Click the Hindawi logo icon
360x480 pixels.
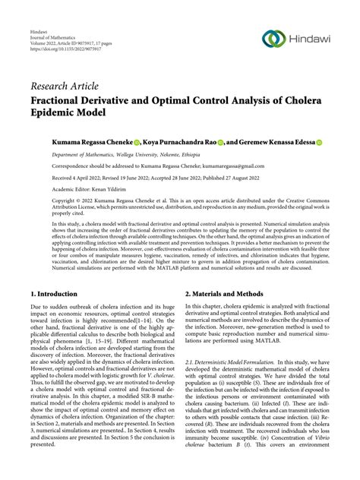(x=272, y=39)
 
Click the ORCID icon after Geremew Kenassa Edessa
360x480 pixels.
(x=320, y=142)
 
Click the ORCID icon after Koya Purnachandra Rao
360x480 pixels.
(x=220, y=142)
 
